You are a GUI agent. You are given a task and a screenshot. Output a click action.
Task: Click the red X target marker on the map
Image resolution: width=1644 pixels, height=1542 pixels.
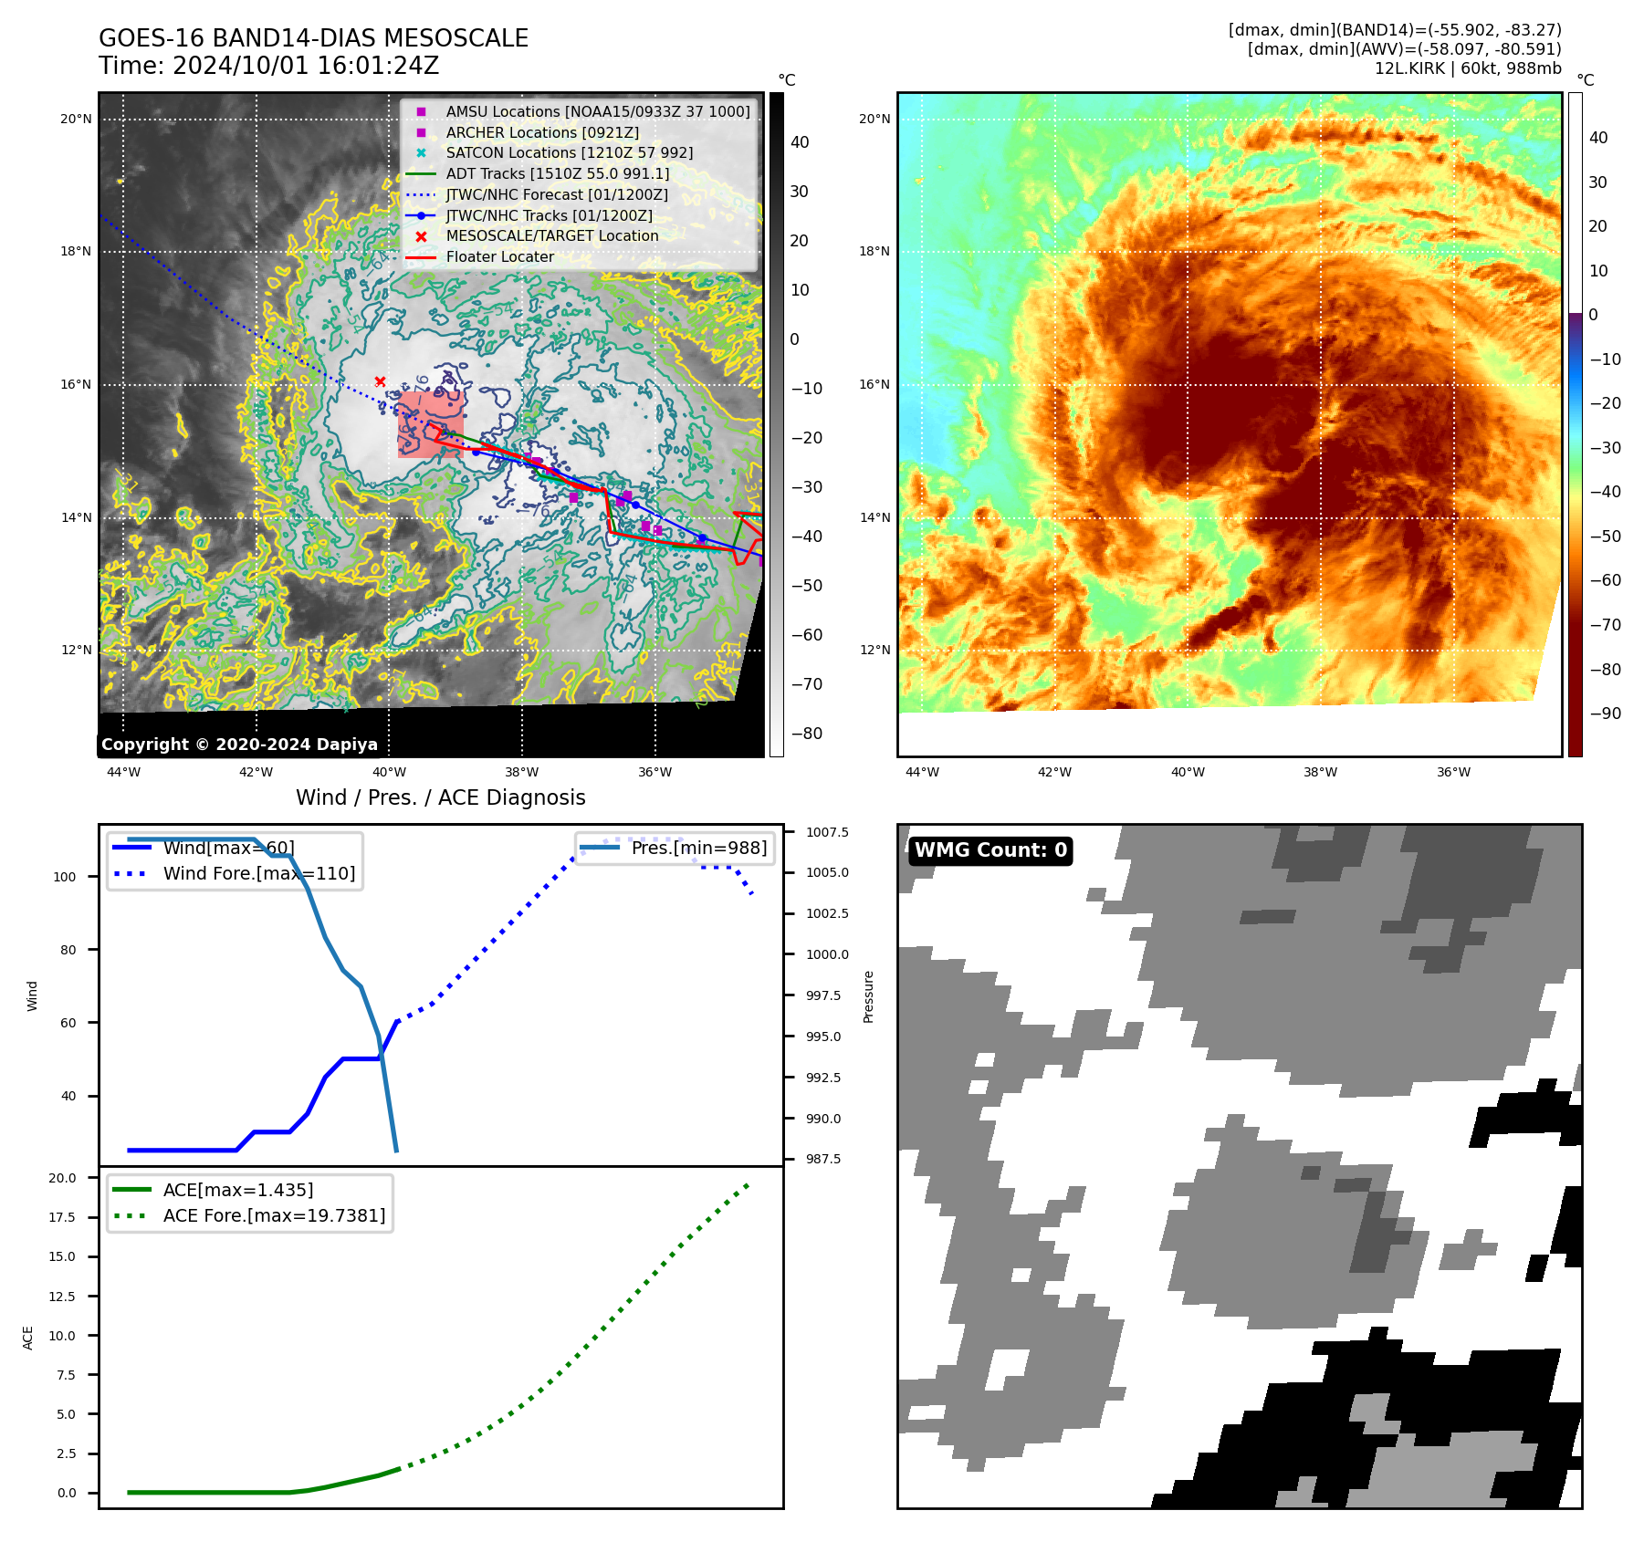click(380, 381)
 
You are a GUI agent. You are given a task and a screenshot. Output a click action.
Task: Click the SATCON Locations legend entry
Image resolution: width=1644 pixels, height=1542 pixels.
click(569, 153)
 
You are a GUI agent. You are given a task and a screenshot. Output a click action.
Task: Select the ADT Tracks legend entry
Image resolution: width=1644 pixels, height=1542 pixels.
click(557, 173)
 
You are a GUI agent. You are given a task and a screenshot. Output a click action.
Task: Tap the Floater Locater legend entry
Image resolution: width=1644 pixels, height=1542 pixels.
click(499, 257)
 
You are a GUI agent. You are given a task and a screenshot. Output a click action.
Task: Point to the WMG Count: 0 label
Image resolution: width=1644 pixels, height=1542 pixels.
click(990, 850)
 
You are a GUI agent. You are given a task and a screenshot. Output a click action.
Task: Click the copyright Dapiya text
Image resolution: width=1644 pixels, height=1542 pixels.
click(239, 745)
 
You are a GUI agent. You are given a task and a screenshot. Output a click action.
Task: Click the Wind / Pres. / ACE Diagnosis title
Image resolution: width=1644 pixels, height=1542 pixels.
click(440, 797)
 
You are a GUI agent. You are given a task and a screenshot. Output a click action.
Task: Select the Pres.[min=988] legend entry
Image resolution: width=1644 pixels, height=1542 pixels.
click(698, 848)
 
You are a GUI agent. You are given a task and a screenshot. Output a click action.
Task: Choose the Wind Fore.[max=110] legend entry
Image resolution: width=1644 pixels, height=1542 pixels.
click(258, 873)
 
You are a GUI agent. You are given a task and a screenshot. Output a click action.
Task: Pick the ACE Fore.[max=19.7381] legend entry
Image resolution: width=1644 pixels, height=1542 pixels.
click(274, 1215)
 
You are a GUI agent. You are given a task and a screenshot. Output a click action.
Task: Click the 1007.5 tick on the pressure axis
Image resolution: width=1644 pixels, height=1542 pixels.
click(827, 832)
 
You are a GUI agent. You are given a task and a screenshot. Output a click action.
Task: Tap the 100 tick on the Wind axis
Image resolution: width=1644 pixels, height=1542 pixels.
click(65, 877)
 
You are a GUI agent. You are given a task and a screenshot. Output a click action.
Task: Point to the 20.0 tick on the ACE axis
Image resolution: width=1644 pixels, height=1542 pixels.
click(62, 1178)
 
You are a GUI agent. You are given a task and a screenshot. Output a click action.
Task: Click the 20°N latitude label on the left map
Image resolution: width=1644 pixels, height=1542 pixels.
click(76, 119)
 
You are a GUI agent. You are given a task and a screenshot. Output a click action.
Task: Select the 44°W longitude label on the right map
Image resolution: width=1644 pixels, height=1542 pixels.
click(922, 772)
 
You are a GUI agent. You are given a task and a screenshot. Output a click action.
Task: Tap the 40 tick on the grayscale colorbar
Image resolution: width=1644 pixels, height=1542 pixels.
click(800, 142)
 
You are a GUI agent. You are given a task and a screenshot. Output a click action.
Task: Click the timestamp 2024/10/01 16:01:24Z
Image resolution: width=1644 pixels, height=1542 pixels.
click(305, 67)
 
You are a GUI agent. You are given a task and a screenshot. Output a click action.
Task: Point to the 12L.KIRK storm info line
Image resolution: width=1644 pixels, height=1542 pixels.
click(1468, 68)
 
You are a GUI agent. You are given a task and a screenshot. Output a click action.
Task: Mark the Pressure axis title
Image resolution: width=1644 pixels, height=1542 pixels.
click(869, 996)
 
